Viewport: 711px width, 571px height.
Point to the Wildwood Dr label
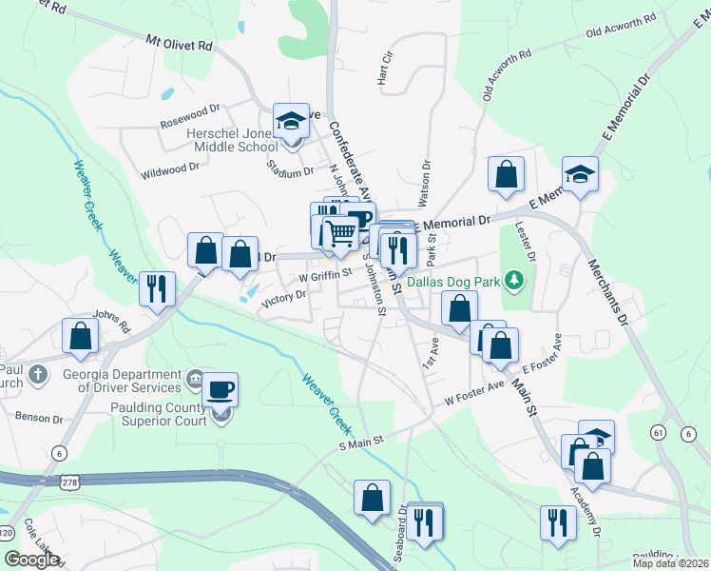(170, 167)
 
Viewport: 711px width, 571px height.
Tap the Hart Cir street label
(386, 67)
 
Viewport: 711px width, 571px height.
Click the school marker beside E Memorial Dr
(580, 175)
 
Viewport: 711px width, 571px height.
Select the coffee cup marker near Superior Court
(221, 390)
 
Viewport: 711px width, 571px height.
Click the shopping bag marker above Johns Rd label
(81, 336)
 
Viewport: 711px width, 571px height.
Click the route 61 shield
(656, 433)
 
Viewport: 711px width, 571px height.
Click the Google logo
(31, 560)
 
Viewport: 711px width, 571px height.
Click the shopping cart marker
(339, 233)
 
